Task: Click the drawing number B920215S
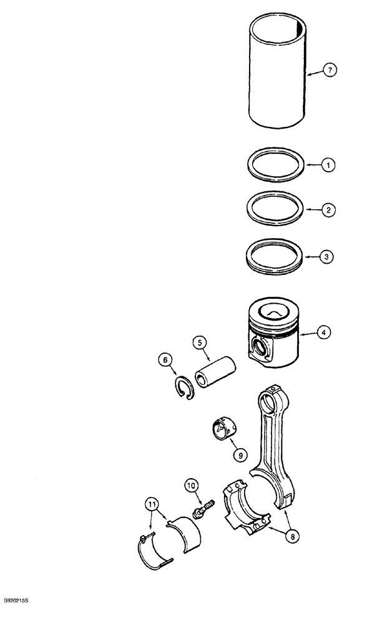[19, 617]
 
